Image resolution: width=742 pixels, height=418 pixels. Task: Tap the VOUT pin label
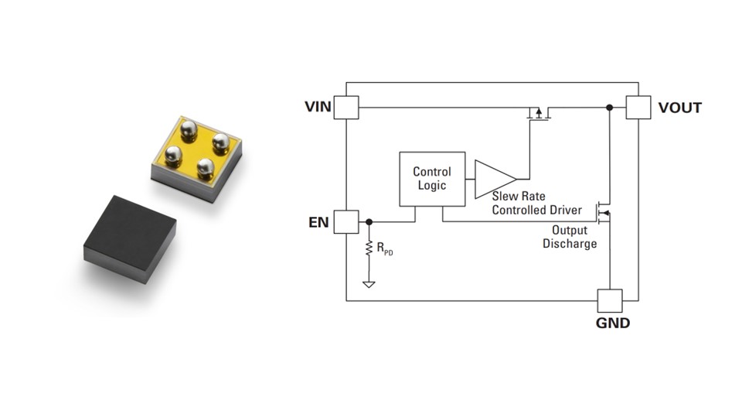680,108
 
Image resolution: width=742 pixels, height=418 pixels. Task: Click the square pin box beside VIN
346,108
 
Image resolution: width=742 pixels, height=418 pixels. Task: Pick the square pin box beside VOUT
638,108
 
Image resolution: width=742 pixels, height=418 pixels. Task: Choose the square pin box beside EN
346,222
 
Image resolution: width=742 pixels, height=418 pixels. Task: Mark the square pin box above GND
609,301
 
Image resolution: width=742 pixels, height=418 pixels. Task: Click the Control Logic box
432,179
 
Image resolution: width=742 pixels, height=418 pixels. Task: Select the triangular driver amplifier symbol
493,179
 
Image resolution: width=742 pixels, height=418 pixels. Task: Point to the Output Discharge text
570,237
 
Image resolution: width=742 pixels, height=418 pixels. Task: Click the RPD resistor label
384,248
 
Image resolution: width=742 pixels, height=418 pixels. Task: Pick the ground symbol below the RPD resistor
369,284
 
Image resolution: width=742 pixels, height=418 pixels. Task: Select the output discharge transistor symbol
603,211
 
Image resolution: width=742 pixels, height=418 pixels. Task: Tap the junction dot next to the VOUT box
609,108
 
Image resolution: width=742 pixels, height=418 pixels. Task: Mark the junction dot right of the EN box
369,222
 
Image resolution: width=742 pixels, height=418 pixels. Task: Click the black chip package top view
129,235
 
